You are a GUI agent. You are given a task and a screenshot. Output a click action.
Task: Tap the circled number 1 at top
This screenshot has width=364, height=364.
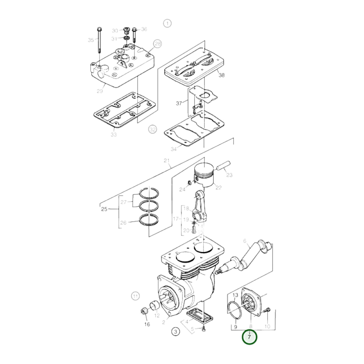167,23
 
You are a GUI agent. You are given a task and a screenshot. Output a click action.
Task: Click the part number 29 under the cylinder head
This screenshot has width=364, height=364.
100,91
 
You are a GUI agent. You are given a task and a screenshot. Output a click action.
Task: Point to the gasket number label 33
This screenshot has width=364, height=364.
114,135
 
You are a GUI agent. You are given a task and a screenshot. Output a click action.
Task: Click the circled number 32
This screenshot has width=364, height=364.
152,129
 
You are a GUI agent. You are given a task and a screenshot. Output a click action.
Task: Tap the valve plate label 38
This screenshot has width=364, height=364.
221,75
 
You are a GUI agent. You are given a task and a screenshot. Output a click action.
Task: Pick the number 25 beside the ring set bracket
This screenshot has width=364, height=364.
104,209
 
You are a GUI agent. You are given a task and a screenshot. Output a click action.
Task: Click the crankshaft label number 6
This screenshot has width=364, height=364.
245,241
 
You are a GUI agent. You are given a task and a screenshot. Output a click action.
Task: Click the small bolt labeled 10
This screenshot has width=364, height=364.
268,310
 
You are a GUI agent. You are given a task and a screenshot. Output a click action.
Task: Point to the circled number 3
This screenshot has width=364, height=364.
176,332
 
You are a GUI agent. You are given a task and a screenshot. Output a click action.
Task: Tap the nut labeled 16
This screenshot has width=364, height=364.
144,312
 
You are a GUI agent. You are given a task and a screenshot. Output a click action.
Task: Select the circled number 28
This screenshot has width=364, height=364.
158,44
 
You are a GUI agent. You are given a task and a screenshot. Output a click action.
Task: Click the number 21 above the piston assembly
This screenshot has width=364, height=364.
167,160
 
